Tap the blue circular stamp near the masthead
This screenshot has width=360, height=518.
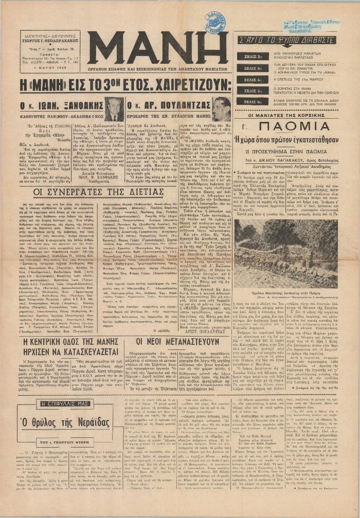coord(215,22)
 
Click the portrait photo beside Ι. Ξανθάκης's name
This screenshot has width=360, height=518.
coord(113,107)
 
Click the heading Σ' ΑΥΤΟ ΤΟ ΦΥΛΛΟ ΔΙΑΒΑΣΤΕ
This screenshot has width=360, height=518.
coord(292,40)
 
